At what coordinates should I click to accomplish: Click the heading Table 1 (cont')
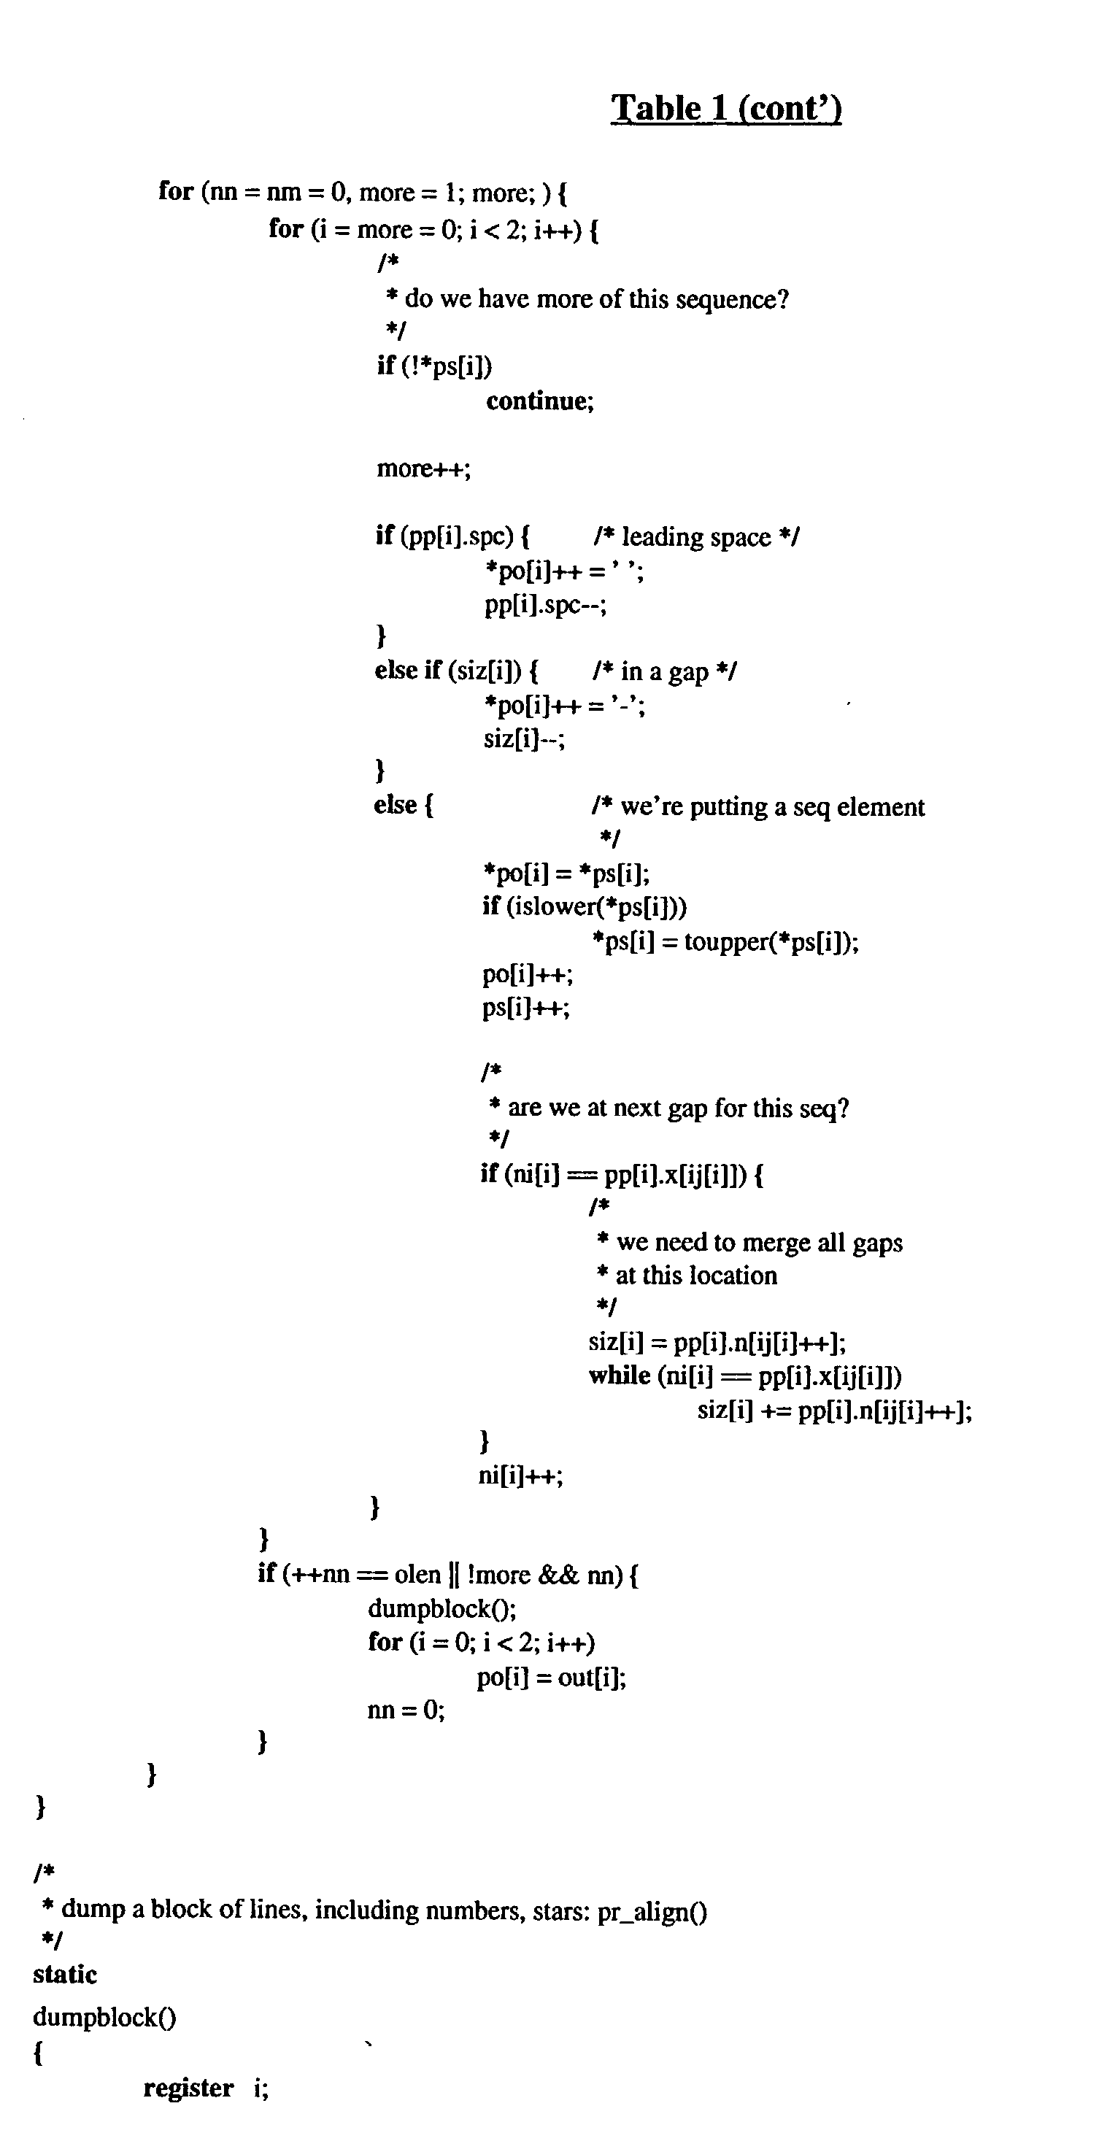pyautogui.click(x=726, y=109)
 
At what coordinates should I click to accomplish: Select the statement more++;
pyautogui.click(x=424, y=468)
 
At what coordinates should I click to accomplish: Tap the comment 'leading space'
pyautogui.click(x=696, y=536)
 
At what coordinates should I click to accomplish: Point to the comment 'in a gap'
pyautogui.click(x=665, y=671)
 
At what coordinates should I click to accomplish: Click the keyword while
pyautogui.click(x=620, y=1376)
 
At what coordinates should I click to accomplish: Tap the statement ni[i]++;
pyautogui.click(x=521, y=1476)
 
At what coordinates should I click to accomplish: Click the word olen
pyautogui.click(x=417, y=1574)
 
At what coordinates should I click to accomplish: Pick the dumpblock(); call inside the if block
pyautogui.click(x=442, y=1609)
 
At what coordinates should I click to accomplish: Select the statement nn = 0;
pyautogui.click(x=406, y=1710)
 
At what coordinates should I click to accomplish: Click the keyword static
pyautogui.click(x=65, y=1975)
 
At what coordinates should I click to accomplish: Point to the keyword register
pyautogui.click(x=188, y=2088)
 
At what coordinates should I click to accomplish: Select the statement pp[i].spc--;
pyautogui.click(x=546, y=605)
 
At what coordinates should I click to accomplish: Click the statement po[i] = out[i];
pyautogui.click(x=552, y=1678)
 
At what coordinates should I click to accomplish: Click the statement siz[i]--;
pyautogui.click(x=524, y=738)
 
